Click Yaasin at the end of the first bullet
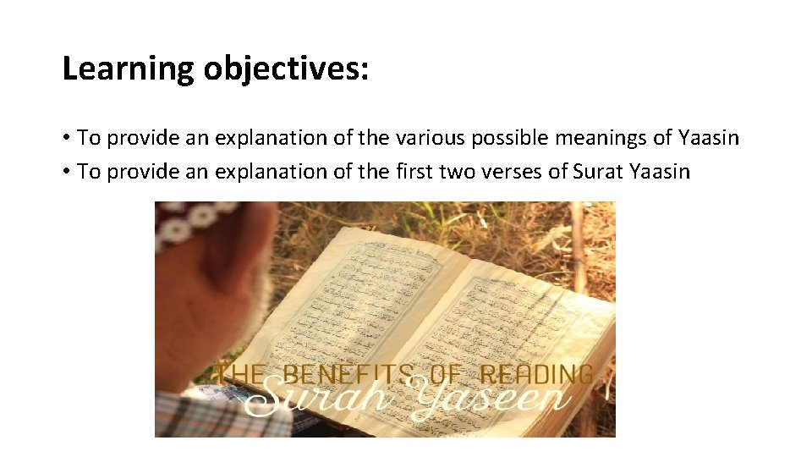pyautogui.click(x=709, y=137)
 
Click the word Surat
pyautogui.click(x=598, y=172)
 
